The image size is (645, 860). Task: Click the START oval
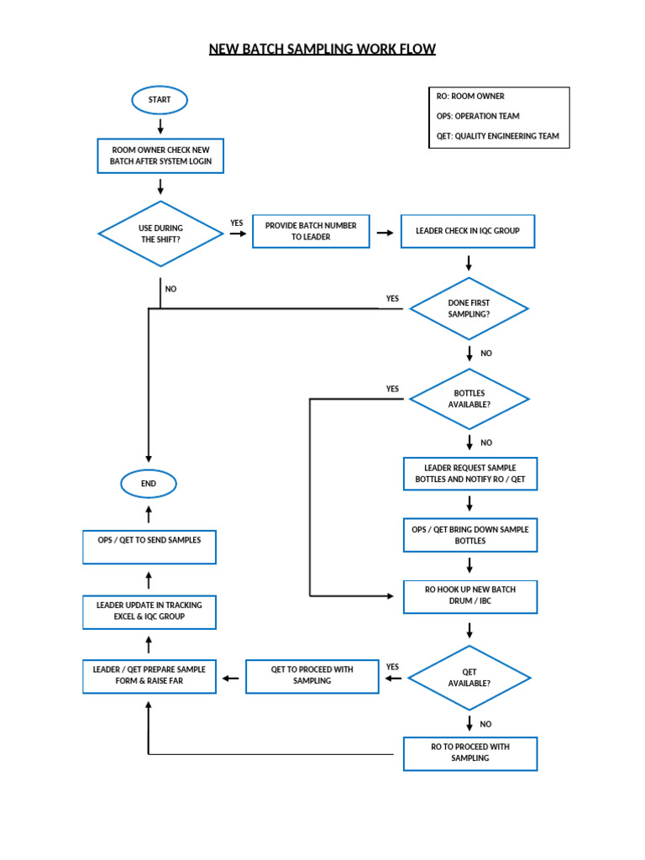(x=160, y=100)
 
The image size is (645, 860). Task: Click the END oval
(x=149, y=484)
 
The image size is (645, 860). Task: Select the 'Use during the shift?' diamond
(x=160, y=234)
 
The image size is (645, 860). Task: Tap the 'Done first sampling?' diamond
(x=469, y=308)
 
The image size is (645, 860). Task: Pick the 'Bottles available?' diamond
(x=469, y=399)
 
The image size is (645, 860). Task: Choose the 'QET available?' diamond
(x=469, y=678)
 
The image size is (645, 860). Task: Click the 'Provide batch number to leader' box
(x=311, y=231)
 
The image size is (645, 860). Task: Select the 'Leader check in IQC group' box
(x=468, y=231)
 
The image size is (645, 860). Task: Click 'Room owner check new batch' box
(x=160, y=155)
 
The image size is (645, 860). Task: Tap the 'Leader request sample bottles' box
(x=469, y=474)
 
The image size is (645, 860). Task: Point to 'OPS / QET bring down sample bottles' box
(x=469, y=535)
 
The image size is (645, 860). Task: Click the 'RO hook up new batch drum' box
(x=469, y=595)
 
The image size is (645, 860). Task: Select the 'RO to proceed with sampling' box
(x=469, y=753)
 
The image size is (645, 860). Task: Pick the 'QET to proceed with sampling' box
(x=312, y=676)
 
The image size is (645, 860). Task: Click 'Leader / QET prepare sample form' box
(x=149, y=676)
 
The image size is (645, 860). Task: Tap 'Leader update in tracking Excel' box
(x=149, y=611)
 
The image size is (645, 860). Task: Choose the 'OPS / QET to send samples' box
(x=149, y=546)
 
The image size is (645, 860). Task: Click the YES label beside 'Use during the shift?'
(x=237, y=223)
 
